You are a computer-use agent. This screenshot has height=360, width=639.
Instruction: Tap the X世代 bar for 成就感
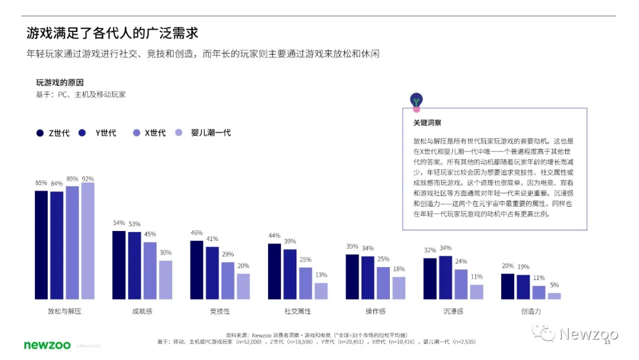[150, 270]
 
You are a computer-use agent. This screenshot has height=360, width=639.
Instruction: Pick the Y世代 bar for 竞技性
[212, 272]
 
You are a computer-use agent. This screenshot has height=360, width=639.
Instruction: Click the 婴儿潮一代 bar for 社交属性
[321, 291]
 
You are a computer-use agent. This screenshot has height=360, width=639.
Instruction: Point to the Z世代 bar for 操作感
[352, 277]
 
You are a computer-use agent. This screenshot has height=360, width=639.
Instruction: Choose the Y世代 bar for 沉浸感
[446, 277]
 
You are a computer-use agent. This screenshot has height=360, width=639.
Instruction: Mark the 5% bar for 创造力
[554, 295]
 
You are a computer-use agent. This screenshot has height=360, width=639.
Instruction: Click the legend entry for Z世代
[53, 133]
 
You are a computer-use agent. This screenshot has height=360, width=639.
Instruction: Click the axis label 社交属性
[298, 311]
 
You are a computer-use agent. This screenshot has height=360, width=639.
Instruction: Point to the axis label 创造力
[531, 311]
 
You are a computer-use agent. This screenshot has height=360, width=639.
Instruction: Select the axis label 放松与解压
[64, 311]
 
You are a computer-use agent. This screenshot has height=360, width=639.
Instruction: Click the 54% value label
[119, 223]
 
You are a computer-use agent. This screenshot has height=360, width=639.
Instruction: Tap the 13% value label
[321, 275]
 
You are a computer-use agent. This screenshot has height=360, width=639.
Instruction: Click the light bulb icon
[417, 101]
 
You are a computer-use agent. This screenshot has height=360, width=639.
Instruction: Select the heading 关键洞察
[427, 123]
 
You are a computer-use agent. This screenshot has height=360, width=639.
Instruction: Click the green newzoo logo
[47, 345]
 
